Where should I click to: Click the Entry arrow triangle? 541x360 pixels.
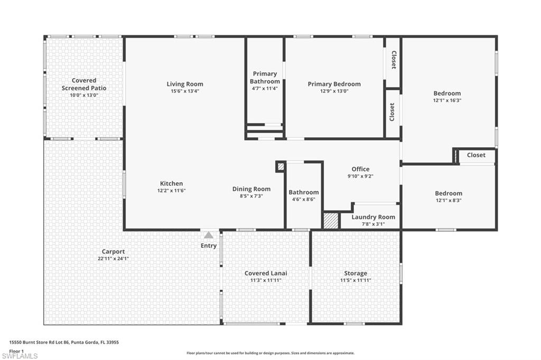click(209, 235)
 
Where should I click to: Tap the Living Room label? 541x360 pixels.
click(185, 84)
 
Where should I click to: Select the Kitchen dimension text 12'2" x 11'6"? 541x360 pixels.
click(172, 191)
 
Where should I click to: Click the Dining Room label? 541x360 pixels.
click(251, 189)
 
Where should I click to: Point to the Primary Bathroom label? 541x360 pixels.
click(265, 78)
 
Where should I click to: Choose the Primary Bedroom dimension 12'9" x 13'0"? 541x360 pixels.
click(334, 91)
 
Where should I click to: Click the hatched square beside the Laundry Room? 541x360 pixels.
click(331, 221)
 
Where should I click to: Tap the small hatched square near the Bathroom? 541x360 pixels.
click(281, 166)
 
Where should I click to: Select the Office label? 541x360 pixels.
click(360, 169)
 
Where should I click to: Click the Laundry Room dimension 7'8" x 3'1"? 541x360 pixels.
click(373, 224)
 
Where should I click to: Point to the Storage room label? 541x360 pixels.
click(356, 273)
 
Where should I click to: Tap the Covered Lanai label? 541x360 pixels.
click(266, 273)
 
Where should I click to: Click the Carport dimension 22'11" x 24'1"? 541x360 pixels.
click(113, 259)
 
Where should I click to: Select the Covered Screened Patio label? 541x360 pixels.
click(84, 84)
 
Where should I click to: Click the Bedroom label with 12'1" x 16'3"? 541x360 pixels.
click(447, 93)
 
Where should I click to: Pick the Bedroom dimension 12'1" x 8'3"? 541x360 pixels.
click(449, 200)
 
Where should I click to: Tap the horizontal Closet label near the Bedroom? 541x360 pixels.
click(476, 155)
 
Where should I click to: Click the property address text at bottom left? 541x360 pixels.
click(64, 342)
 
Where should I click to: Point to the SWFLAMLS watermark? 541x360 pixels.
click(20, 356)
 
